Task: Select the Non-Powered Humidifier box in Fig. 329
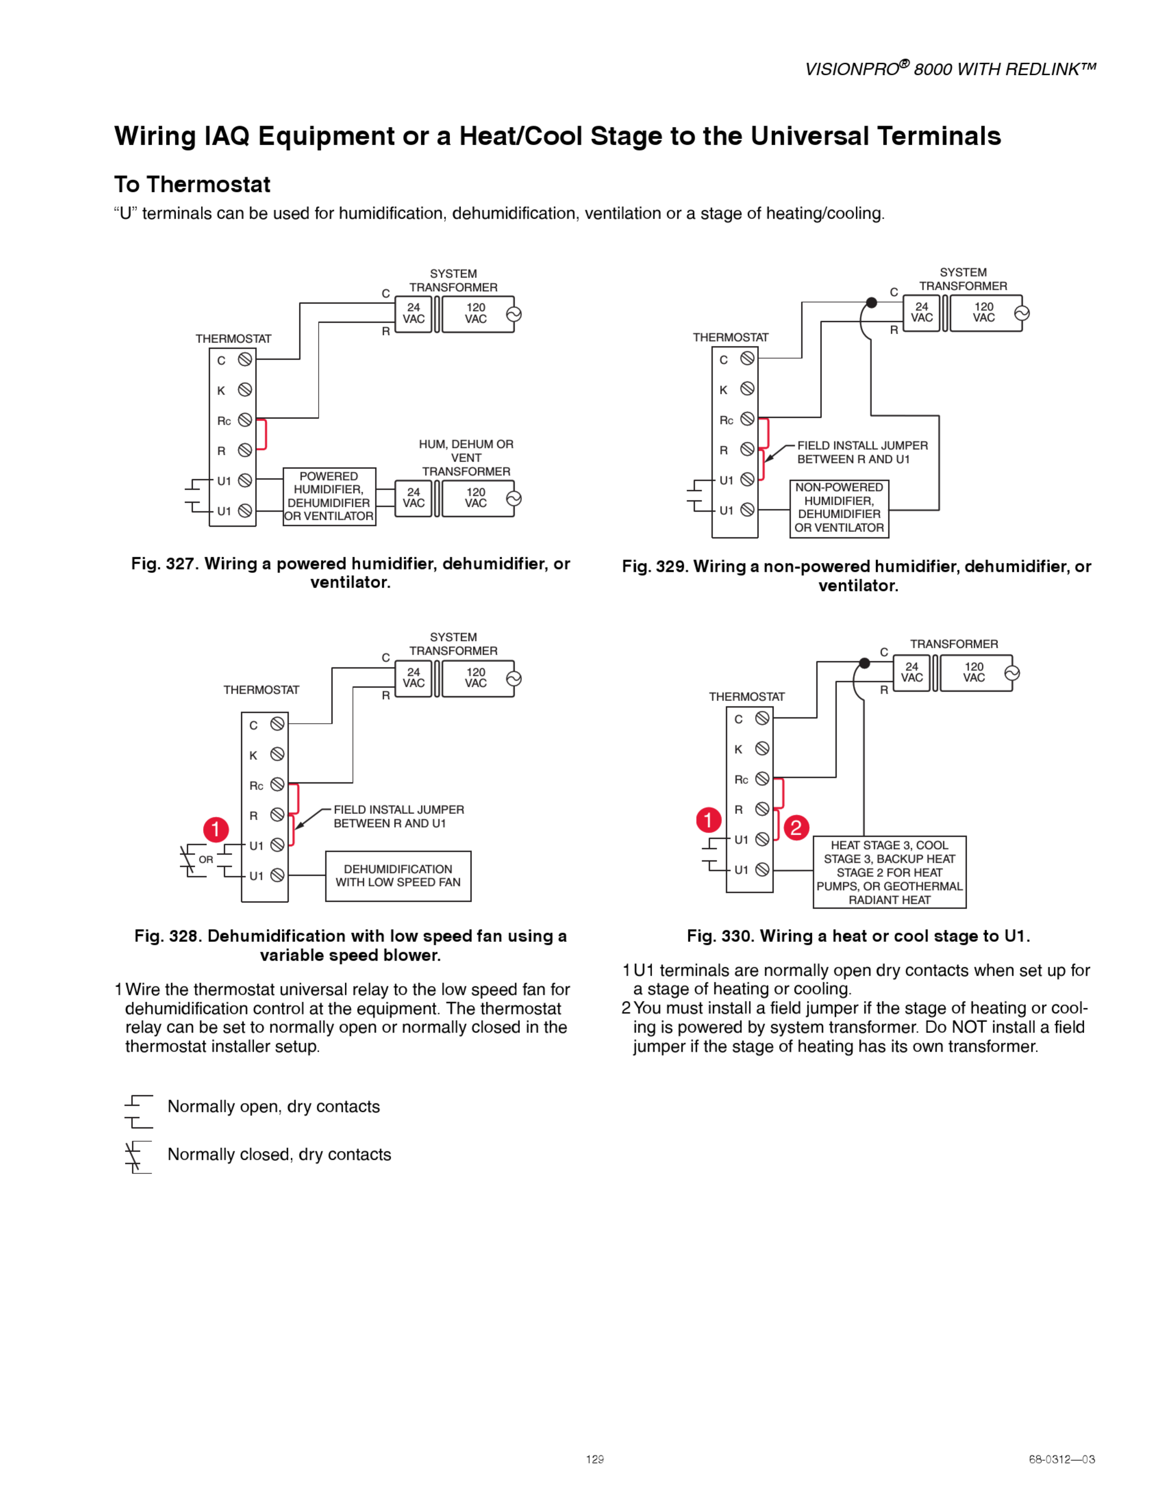click(x=839, y=508)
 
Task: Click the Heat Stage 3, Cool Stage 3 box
click(x=889, y=872)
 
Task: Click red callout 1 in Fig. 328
click(x=215, y=830)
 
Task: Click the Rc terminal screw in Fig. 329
click(x=748, y=419)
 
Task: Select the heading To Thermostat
click(x=192, y=185)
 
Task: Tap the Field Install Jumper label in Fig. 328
click(x=399, y=816)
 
